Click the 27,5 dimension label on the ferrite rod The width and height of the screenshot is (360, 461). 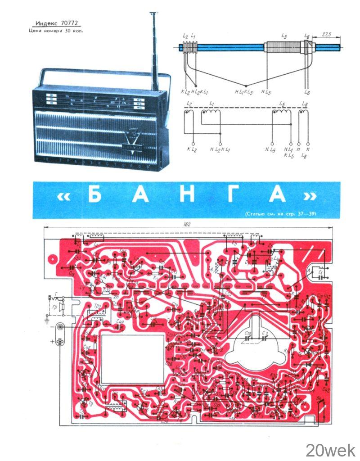(x=328, y=35)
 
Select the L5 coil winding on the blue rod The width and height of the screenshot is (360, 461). (x=284, y=46)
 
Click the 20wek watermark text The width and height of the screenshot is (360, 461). (x=330, y=449)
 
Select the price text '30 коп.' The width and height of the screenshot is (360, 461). (x=74, y=31)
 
